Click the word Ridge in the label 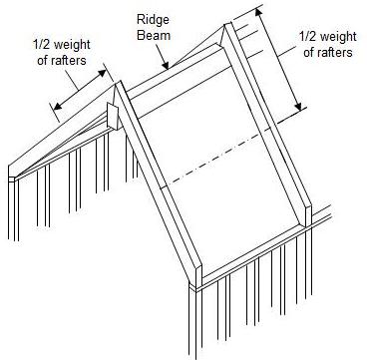tap(153, 19)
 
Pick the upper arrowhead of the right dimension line tap(261, 12)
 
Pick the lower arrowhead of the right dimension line tap(300, 108)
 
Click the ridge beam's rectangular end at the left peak tap(112, 116)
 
